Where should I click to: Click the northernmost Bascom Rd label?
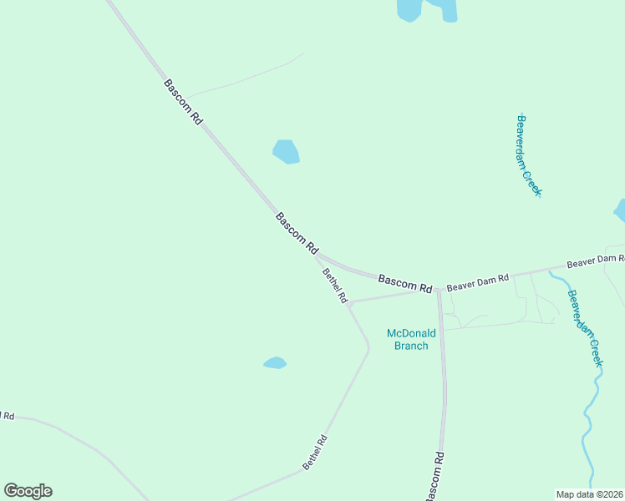(x=183, y=102)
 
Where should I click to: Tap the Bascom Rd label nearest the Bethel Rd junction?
(x=297, y=233)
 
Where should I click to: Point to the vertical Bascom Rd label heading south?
(x=434, y=477)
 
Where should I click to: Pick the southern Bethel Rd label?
(x=315, y=452)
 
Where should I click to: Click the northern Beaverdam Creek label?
(x=530, y=155)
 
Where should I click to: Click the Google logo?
(x=28, y=491)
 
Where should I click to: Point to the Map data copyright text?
(x=590, y=494)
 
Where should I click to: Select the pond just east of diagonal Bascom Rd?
(x=287, y=151)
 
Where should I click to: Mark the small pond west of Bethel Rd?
(x=275, y=362)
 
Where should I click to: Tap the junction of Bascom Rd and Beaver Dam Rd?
(x=439, y=290)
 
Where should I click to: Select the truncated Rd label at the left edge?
(x=7, y=415)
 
